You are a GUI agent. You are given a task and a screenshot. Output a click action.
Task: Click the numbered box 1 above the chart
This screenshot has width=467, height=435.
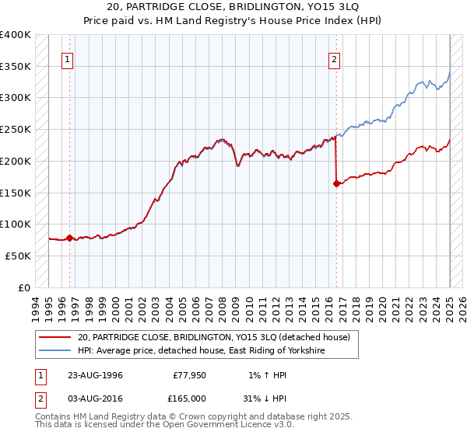point(68,59)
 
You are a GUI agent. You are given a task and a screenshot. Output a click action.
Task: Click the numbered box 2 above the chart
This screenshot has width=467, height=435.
point(335,59)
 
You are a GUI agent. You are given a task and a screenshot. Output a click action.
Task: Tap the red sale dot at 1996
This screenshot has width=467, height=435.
point(69,238)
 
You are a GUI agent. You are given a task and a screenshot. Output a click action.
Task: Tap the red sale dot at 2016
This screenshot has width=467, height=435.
point(336,184)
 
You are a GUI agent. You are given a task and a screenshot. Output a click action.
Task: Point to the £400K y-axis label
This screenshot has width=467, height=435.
point(16,35)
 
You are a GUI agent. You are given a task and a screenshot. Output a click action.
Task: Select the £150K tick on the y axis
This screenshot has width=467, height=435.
point(16,193)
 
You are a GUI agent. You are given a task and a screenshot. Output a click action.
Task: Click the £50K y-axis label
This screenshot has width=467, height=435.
point(18,256)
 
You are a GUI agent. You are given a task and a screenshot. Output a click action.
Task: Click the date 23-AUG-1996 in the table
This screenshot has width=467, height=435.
point(96,374)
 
